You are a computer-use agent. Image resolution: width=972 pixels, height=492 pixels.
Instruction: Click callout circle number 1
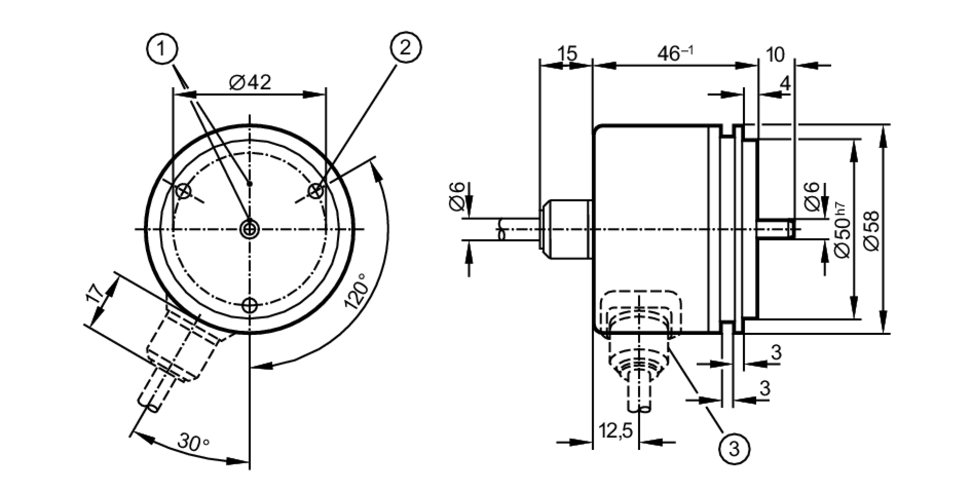point(162,49)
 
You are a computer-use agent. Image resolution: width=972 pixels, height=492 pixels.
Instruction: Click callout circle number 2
point(406,47)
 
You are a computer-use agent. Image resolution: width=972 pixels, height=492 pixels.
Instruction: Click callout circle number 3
point(734,448)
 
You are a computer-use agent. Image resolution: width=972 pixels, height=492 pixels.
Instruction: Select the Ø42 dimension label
point(250,82)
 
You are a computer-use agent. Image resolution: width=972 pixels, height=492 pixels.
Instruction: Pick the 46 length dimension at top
point(675,53)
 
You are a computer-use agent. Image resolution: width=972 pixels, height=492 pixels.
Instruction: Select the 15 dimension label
point(567,53)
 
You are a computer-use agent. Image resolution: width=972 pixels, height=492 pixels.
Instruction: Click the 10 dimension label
point(775,54)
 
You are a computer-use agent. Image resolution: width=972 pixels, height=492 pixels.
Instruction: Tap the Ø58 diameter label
point(873,231)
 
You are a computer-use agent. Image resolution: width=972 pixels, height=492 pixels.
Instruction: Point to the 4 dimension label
point(785,84)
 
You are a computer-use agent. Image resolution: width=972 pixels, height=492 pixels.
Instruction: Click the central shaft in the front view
point(250,229)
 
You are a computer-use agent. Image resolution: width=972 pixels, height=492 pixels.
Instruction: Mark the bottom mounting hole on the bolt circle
point(250,305)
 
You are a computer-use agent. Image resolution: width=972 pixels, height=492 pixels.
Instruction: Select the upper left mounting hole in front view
point(183,191)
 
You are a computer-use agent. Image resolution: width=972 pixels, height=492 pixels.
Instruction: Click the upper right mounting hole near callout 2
point(316,190)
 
